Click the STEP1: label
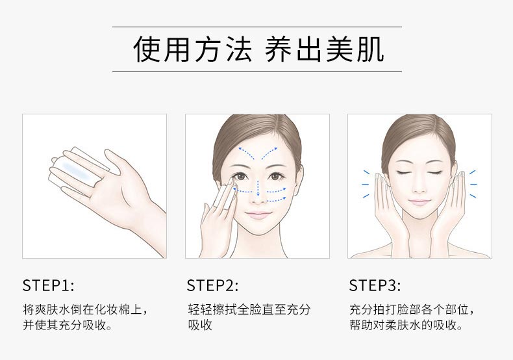49,285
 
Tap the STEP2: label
212,285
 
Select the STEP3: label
375,285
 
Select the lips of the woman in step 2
258,214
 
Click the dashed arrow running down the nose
258,182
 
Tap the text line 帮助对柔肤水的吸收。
406,325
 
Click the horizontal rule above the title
256,27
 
